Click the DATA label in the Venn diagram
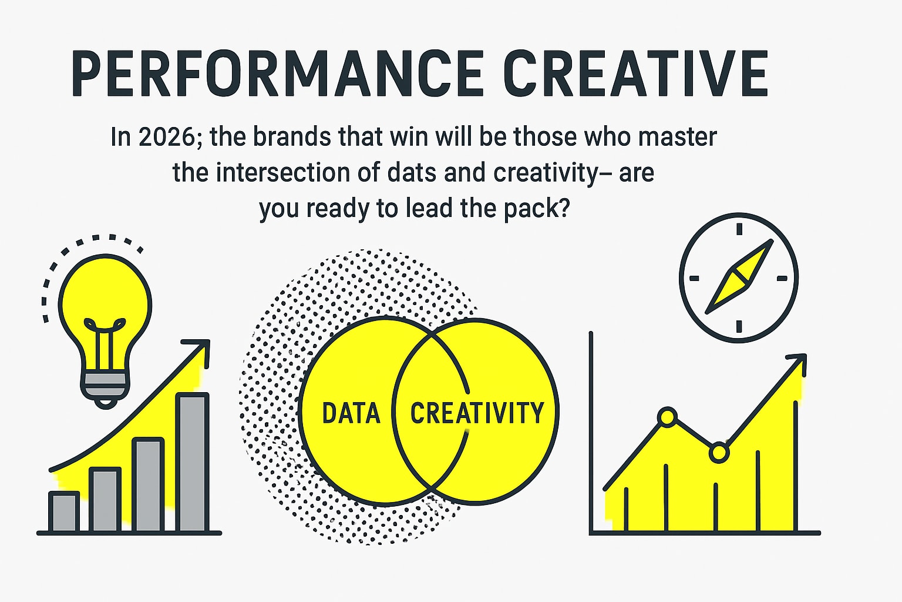tap(351, 413)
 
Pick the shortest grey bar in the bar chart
tap(63, 511)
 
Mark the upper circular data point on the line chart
tap(668, 417)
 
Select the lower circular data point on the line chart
tap(719, 453)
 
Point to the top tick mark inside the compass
tap(739, 229)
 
